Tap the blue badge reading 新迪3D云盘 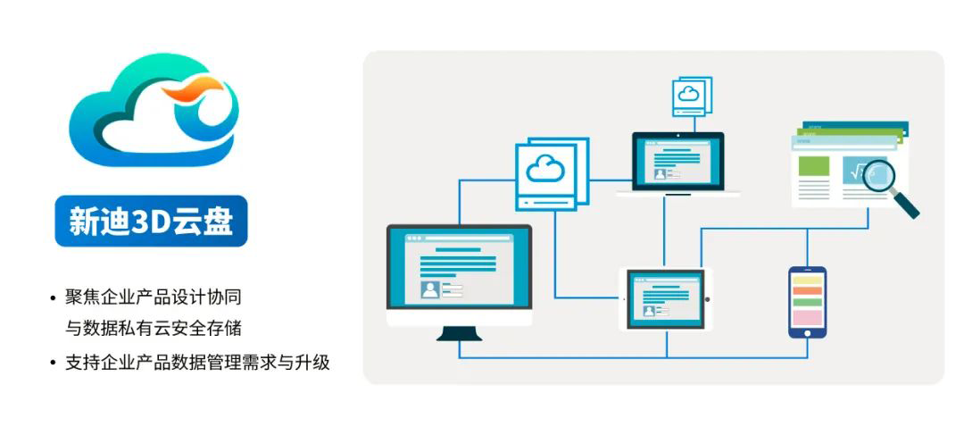[x=151, y=221]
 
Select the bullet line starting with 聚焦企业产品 [x=154, y=297]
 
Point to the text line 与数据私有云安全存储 [x=154, y=328]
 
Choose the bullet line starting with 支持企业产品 [x=197, y=362]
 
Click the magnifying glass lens [x=881, y=177]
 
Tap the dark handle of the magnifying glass [x=908, y=205]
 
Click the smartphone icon [x=807, y=302]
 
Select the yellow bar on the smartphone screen [x=807, y=280]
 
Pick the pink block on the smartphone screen [x=807, y=317]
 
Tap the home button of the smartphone [x=807, y=333]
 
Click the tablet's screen [x=666, y=298]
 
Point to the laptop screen [x=678, y=161]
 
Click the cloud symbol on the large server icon [x=545, y=168]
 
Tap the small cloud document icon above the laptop [x=691, y=96]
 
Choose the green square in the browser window [x=813, y=166]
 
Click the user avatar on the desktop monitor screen [x=430, y=289]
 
